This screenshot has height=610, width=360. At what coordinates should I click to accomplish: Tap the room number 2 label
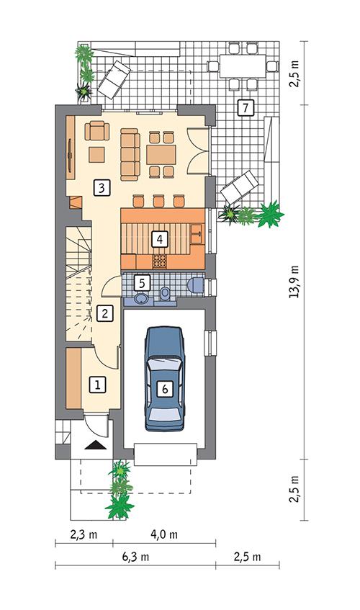tap(105, 313)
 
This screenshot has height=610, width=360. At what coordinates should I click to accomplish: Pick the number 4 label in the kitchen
tap(160, 237)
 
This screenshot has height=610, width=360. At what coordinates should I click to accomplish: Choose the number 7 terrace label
tap(245, 109)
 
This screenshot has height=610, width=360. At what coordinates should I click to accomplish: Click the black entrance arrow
tap(94, 445)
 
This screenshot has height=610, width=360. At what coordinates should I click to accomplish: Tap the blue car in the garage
tap(165, 378)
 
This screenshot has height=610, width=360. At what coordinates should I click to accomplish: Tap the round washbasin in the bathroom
tap(141, 297)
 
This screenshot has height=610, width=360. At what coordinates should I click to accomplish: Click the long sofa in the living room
tap(130, 153)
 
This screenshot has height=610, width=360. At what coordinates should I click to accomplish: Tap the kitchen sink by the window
tap(197, 232)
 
